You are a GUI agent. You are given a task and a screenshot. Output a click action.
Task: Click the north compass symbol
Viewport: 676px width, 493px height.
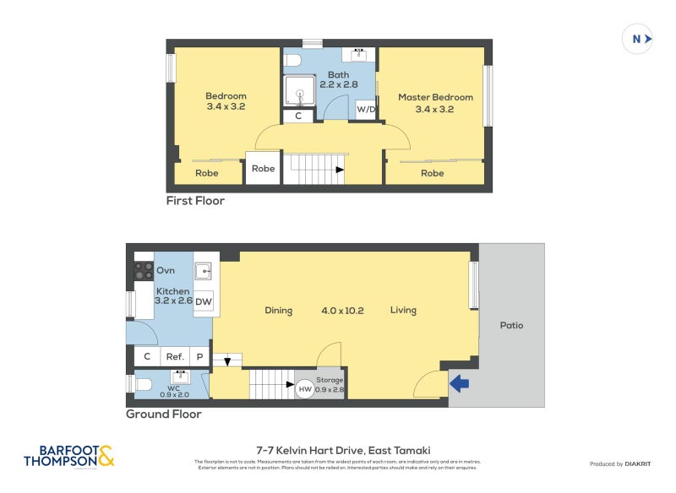pos(638,39)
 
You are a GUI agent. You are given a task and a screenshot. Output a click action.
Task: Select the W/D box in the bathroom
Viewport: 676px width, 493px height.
pos(366,110)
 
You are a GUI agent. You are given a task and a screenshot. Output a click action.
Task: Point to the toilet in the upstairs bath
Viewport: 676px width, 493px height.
pos(292,60)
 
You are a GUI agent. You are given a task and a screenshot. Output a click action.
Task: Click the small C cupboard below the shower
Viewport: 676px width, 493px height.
pos(298,116)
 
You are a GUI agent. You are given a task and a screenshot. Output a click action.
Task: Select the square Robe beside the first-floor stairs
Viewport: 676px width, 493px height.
pos(263,169)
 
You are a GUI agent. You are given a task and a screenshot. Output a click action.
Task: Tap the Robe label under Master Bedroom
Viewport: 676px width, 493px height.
pos(432,173)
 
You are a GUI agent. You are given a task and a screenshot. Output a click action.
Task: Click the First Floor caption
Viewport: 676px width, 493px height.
pos(195,201)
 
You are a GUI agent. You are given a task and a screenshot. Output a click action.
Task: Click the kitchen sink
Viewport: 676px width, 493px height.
pos(203,271)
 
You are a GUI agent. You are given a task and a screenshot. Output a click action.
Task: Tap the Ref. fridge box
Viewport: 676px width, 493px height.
pos(175,356)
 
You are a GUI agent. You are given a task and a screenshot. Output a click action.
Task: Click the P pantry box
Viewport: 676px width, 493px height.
pos(200,356)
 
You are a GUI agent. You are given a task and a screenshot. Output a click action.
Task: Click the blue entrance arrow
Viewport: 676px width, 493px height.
pos(459,384)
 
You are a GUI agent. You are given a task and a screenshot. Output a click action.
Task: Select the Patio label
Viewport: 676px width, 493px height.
pos(511,325)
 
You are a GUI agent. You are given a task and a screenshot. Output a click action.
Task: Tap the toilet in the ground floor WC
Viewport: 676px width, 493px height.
pos(144,385)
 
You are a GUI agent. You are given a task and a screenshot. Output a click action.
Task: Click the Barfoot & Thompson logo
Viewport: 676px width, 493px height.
pos(68,457)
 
